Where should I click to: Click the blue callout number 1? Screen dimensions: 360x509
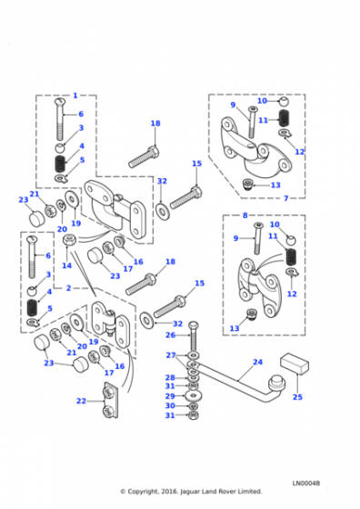[x=75, y=95]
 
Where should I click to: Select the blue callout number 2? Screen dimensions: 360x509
[x=68, y=288]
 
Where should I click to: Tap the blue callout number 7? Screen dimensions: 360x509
[x=286, y=198]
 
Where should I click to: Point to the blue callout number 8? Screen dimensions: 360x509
[x=245, y=215]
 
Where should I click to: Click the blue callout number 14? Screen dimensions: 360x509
[x=67, y=265]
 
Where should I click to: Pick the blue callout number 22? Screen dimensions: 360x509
[x=81, y=401]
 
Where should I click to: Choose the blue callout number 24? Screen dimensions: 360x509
[x=258, y=362]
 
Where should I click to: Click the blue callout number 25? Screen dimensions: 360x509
[x=297, y=397]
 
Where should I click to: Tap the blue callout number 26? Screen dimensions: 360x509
[x=170, y=335]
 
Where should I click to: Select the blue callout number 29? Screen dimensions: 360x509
[x=170, y=396]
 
